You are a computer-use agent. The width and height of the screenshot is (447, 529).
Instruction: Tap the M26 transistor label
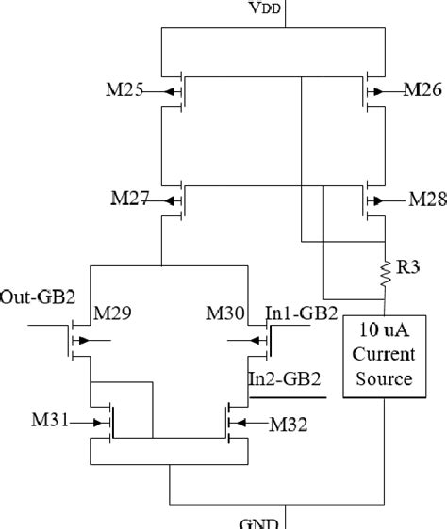point(422,91)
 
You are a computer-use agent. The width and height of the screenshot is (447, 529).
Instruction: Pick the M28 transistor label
point(425,200)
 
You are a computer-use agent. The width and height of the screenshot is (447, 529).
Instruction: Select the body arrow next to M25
point(171,92)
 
